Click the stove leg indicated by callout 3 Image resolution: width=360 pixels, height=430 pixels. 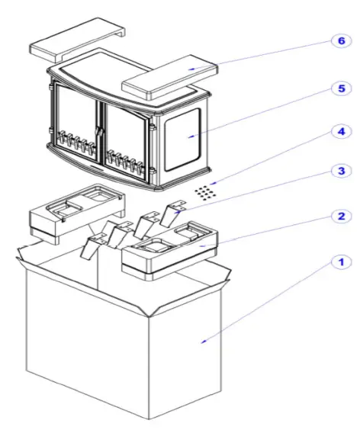172,210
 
